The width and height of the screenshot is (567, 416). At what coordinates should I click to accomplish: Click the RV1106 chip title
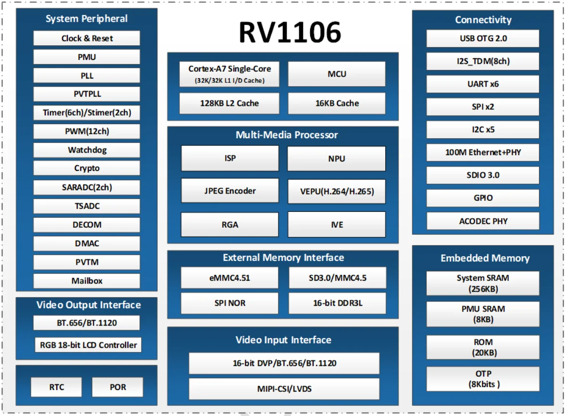290,33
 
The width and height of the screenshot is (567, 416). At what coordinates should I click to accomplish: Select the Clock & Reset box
87,39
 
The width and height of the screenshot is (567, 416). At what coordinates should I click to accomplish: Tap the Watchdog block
87,150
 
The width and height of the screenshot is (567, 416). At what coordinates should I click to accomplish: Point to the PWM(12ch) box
87,131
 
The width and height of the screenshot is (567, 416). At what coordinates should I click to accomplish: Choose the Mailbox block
87,281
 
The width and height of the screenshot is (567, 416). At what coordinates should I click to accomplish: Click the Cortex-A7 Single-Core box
229,74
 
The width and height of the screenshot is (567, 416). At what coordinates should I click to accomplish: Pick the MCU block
337,74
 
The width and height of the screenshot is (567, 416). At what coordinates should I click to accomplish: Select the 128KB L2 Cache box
229,103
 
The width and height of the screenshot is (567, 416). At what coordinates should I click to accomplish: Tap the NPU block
337,158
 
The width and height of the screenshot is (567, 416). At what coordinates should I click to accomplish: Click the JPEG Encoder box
229,191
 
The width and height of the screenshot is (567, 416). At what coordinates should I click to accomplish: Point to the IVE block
337,224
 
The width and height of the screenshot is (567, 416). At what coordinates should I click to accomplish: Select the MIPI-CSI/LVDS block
284,389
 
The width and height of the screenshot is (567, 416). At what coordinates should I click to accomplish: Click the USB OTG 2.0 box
483,39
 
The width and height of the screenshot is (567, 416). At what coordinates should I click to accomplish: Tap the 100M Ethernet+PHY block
483,153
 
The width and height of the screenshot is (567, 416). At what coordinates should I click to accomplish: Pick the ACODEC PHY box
483,221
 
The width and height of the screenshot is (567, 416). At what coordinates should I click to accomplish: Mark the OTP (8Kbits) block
483,379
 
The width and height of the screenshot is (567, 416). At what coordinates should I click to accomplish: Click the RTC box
56,387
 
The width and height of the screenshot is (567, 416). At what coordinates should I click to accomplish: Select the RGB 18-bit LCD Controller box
88,345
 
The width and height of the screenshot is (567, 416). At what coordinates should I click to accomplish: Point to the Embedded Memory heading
485,259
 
